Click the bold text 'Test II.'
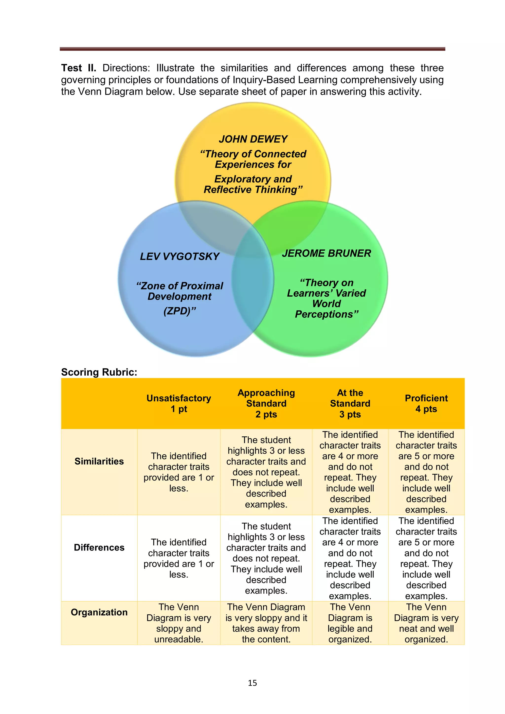click(78, 68)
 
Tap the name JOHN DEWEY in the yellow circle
click(253, 139)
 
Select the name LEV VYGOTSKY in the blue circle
click(180, 257)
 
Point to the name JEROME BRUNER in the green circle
click(326, 253)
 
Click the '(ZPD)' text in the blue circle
click(180, 311)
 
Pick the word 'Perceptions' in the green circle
click(326, 314)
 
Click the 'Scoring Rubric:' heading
click(99, 372)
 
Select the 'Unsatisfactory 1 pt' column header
click(179, 404)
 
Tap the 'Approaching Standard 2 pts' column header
click(266, 404)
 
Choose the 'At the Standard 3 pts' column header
click(350, 404)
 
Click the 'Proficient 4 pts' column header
click(426, 404)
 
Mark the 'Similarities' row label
click(99, 462)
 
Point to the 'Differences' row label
click(99, 548)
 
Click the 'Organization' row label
click(99, 612)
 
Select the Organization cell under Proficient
click(426, 623)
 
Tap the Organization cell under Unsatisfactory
click(179, 623)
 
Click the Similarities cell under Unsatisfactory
click(179, 472)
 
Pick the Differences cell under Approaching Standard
click(266, 558)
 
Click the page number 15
click(252, 683)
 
